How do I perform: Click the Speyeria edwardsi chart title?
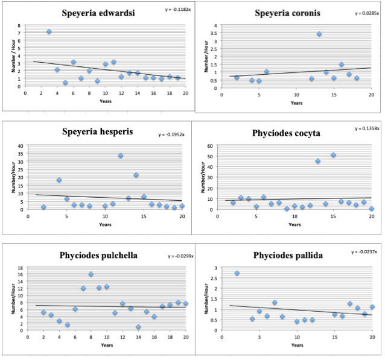point(102,14)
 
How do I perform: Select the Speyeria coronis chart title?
point(287,13)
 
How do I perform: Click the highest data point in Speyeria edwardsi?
point(49,31)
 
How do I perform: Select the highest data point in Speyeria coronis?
point(319,34)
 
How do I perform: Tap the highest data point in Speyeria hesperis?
point(121,156)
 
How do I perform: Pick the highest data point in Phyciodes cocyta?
point(332,155)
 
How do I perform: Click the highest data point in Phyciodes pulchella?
point(91,274)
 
